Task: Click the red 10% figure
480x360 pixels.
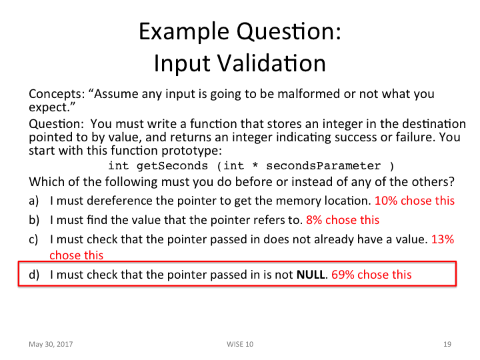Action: [x=387, y=201]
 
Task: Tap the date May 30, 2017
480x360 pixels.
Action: [x=51, y=344]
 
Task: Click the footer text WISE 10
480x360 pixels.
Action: [x=240, y=344]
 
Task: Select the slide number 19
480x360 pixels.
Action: [x=447, y=344]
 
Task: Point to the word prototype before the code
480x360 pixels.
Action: [x=185, y=151]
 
